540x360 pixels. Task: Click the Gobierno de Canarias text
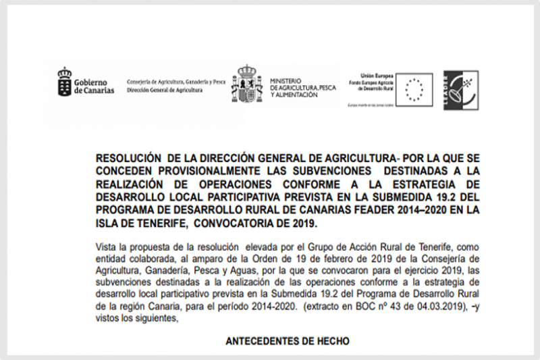coord(94,85)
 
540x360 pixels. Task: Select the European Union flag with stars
coord(414,87)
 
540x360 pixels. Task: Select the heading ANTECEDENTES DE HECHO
coord(287,341)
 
